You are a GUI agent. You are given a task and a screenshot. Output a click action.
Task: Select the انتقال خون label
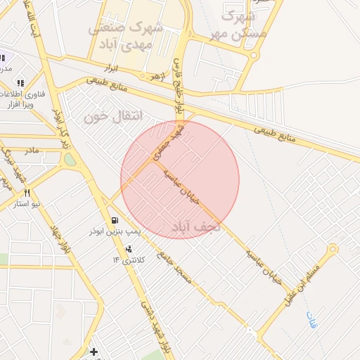click(113, 116)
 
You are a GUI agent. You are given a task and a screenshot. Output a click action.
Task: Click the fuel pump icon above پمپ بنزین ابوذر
click(115, 220)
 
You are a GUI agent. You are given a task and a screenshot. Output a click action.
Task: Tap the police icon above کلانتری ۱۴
click(128, 249)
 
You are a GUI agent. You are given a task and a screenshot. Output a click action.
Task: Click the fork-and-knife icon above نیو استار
click(27, 193)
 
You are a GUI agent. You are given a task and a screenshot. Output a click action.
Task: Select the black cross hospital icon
click(94, 351)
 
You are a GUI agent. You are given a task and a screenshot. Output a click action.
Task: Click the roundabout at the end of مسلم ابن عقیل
click(333, 249)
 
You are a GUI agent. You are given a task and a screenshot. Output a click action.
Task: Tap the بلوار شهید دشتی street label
click(155, 326)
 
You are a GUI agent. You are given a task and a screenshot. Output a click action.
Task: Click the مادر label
click(32, 150)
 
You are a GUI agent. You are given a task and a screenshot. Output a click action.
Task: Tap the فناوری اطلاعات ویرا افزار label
click(21, 99)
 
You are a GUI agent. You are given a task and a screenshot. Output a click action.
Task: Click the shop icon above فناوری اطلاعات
click(20, 83)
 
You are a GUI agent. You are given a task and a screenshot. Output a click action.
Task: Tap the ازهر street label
click(155, 75)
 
